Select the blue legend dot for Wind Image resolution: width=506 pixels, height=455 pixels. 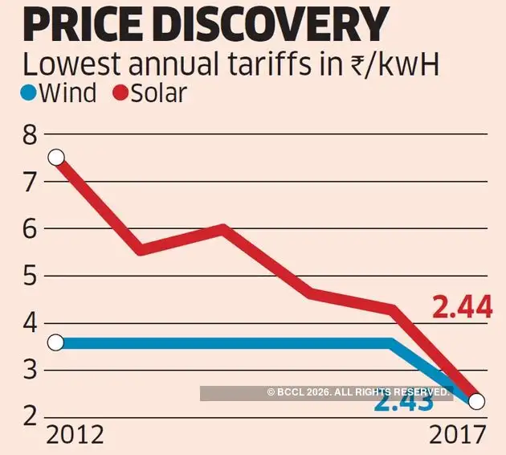tap(27, 93)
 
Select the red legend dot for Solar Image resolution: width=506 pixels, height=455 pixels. tap(120, 93)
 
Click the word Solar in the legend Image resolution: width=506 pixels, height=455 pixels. tap(159, 92)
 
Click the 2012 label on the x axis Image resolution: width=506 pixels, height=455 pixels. tap(75, 435)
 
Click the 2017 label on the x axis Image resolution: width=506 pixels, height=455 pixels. tap(457, 435)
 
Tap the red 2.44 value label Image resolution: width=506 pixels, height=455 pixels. tap(462, 307)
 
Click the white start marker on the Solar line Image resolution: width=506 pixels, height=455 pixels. tap(55, 157)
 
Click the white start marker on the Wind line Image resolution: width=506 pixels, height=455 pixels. tap(55, 343)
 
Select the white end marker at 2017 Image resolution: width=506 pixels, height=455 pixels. tap(476, 401)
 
